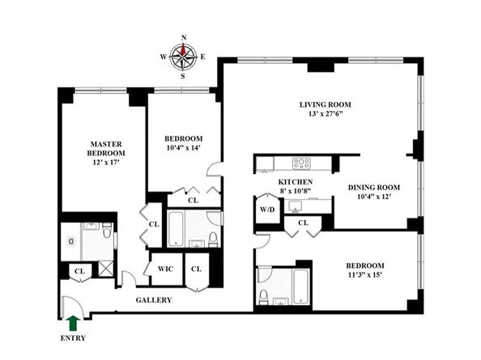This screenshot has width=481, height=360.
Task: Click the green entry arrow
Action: pos(73,324)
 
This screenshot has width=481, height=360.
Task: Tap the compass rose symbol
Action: pos(184,57)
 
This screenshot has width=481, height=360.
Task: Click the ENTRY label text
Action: pos(73,338)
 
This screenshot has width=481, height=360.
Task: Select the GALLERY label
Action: pos(154,300)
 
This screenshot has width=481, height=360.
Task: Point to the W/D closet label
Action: pos(267,210)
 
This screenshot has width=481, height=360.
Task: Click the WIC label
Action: pos(165,269)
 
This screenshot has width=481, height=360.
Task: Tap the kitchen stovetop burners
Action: pos(301,163)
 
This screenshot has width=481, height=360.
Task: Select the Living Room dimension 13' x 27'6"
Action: pos(326,114)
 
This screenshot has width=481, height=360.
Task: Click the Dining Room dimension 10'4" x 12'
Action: pos(374,197)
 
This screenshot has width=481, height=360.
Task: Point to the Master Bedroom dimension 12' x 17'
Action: pos(106,163)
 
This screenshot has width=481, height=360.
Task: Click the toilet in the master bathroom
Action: pos(107,231)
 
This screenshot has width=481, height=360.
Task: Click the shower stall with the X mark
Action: pos(106,269)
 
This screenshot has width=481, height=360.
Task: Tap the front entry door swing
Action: pos(73,307)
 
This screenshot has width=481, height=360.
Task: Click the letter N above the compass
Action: pos(184,38)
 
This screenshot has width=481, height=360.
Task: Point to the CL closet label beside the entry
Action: pos(79,272)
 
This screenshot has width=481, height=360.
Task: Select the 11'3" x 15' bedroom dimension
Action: pos(365,275)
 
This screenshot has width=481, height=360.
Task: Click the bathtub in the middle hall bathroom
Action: pos(176,228)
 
